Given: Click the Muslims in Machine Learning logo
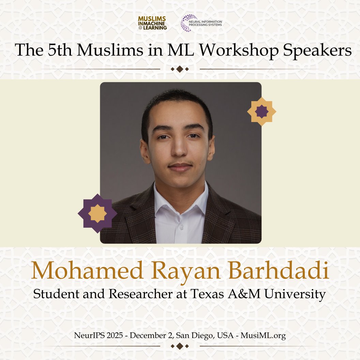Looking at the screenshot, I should coord(152,23).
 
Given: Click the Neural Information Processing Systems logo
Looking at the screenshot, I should coord(201,23).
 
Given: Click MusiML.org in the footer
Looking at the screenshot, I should coord(263,336).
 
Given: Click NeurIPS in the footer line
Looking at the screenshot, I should coord(87,336).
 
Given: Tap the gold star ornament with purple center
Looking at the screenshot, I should coord(261,111).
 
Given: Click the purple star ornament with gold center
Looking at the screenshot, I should coord(97,213).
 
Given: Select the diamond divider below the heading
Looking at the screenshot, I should coord(180,69).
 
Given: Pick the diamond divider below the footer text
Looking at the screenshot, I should coord(180,346).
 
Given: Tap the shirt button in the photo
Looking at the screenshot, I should coord(181,226).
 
